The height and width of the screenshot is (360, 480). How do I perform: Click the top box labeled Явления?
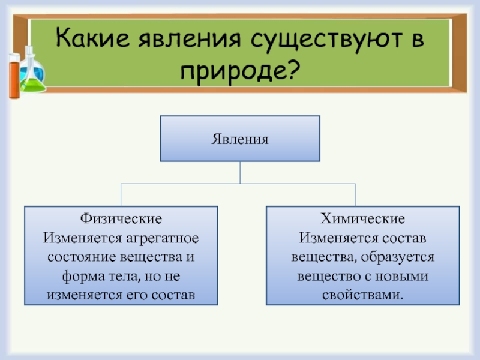(239, 139)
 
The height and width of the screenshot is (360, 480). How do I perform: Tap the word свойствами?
(362, 296)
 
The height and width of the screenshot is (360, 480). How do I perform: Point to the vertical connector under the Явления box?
(240, 173)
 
